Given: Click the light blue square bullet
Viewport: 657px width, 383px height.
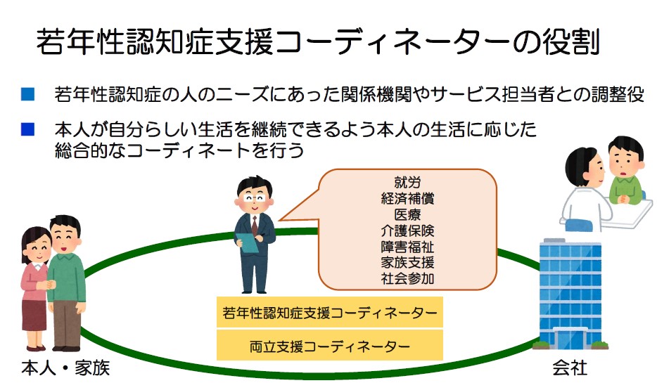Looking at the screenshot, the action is point(27,93).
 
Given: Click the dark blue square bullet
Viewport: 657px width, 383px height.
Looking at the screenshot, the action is point(27,129).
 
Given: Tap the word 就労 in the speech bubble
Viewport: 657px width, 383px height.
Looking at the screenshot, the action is point(407,183).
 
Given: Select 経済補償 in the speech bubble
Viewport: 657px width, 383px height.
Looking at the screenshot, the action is point(407,198).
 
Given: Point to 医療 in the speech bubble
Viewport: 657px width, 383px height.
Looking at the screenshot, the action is point(407,214).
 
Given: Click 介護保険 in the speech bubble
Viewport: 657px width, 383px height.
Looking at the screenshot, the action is point(407,231).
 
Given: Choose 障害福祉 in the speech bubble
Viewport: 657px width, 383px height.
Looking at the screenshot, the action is point(407,247).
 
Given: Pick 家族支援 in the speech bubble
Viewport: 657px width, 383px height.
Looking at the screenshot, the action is point(407,262).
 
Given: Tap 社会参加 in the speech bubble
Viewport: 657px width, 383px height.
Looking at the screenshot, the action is point(407,278).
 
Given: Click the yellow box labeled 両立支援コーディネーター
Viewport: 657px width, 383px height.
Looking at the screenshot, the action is point(330,345).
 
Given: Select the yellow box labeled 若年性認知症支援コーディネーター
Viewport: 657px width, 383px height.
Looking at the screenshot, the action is point(330,312).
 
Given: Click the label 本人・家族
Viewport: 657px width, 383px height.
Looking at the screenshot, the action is point(65,368).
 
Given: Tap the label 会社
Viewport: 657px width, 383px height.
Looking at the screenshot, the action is point(570,368).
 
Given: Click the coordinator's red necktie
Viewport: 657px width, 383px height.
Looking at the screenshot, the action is point(255,225).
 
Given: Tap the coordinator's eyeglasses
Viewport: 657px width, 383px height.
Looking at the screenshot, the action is point(255,198).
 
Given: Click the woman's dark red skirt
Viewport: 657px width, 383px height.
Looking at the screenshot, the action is point(34,315).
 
